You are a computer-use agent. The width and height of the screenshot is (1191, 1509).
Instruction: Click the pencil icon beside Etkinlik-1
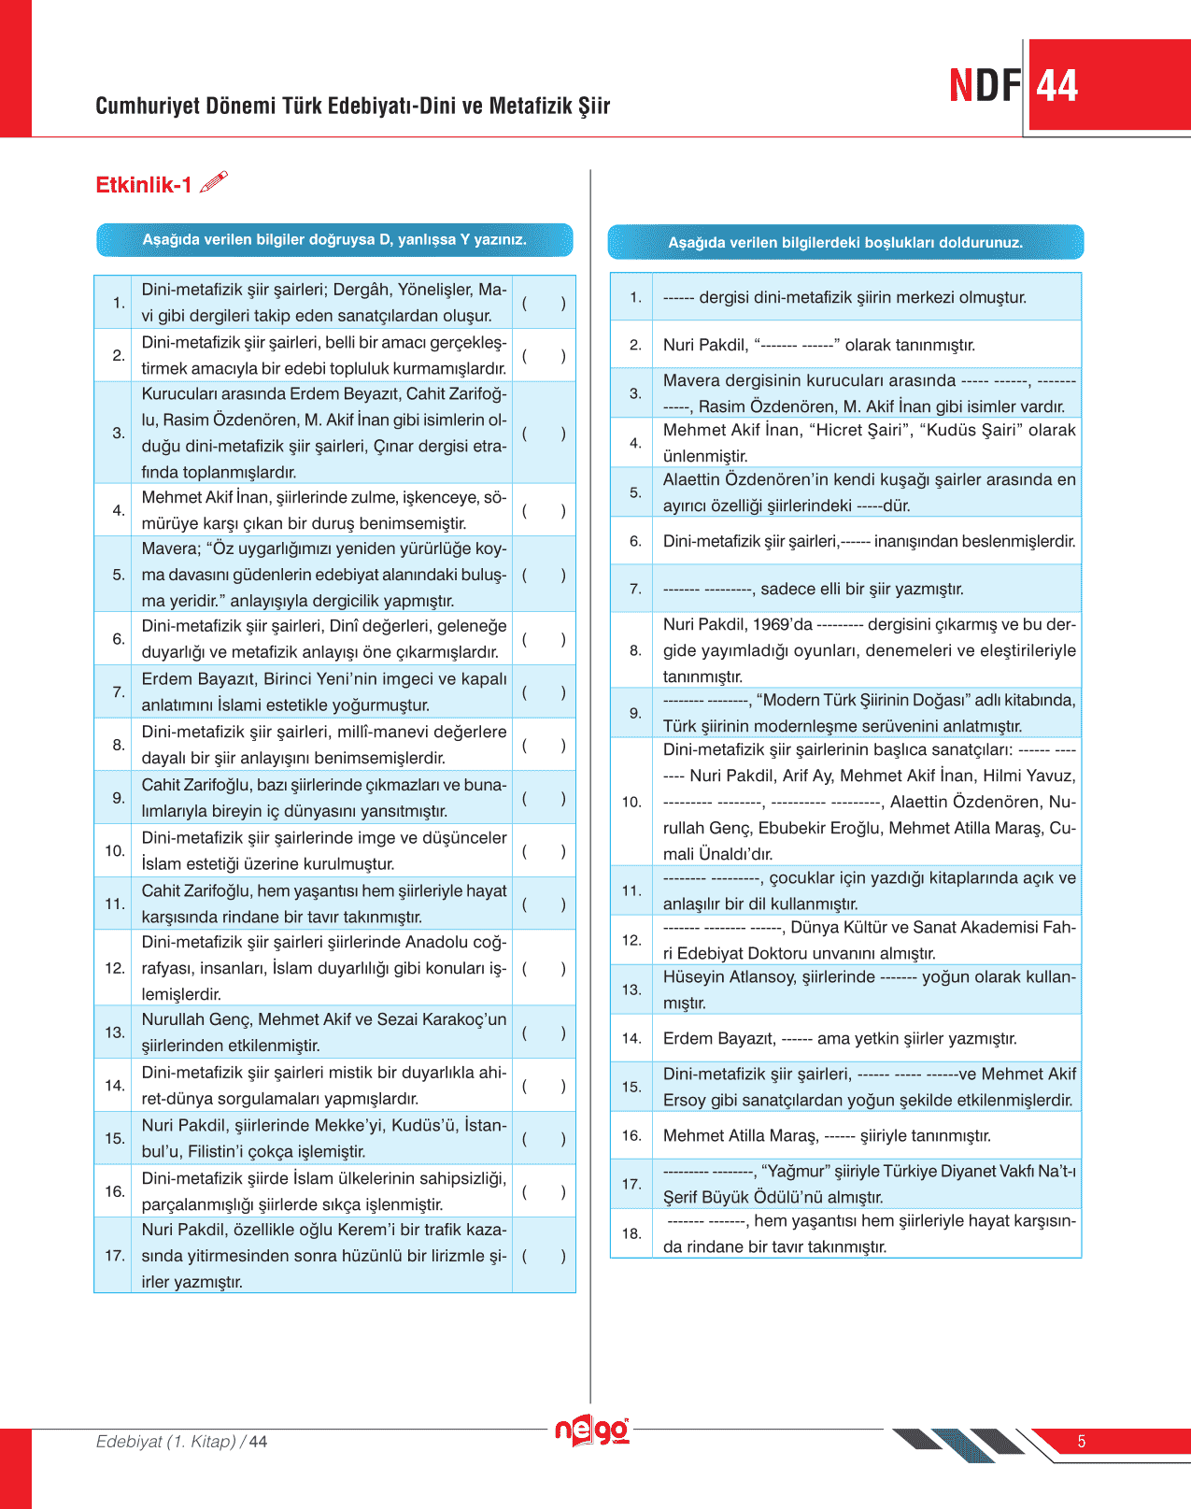click(x=214, y=181)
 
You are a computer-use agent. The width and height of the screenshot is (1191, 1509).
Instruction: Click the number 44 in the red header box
click(x=1057, y=86)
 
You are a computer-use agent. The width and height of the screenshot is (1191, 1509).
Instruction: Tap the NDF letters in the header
click(x=985, y=86)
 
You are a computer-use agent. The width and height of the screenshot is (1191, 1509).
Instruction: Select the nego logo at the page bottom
click(x=592, y=1431)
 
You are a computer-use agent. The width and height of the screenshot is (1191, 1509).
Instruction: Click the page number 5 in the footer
click(x=1082, y=1442)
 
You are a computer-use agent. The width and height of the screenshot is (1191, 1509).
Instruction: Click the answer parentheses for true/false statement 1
click(x=544, y=303)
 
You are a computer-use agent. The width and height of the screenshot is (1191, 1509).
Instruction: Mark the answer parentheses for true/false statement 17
click(x=544, y=1256)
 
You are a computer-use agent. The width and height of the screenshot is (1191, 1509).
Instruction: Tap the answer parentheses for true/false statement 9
click(x=544, y=798)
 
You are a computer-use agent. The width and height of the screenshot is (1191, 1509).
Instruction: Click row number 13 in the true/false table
click(x=115, y=1032)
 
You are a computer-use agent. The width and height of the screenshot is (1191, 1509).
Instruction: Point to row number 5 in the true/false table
click(x=119, y=575)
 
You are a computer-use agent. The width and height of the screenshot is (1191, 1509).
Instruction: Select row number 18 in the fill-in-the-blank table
click(x=631, y=1233)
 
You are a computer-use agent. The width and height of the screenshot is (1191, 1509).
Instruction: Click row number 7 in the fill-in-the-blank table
click(x=635, y=589)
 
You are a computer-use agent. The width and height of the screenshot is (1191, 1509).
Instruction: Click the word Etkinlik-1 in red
click(x=144, y=185)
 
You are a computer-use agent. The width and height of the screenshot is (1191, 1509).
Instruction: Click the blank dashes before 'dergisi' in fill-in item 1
click(x=678, y=298)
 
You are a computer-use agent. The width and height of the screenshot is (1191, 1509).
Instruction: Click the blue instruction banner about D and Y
click(x=334, y=240)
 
